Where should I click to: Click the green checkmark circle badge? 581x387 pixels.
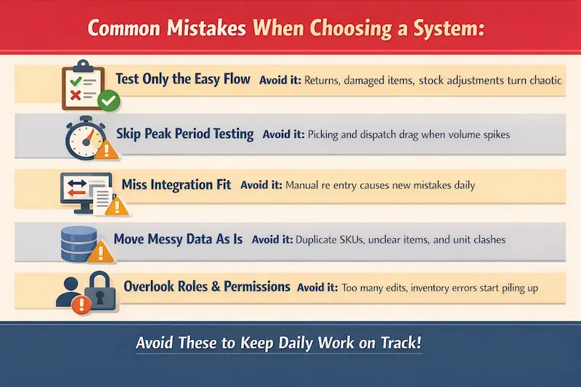[x=107, y=102]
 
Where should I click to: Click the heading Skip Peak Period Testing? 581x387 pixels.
[x=184, y=134]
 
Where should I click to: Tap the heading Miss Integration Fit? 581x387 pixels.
[x=176, y=184]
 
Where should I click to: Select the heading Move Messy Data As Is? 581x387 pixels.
[x=178, y=238]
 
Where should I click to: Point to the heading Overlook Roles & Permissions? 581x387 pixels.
[x=207, y=287]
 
